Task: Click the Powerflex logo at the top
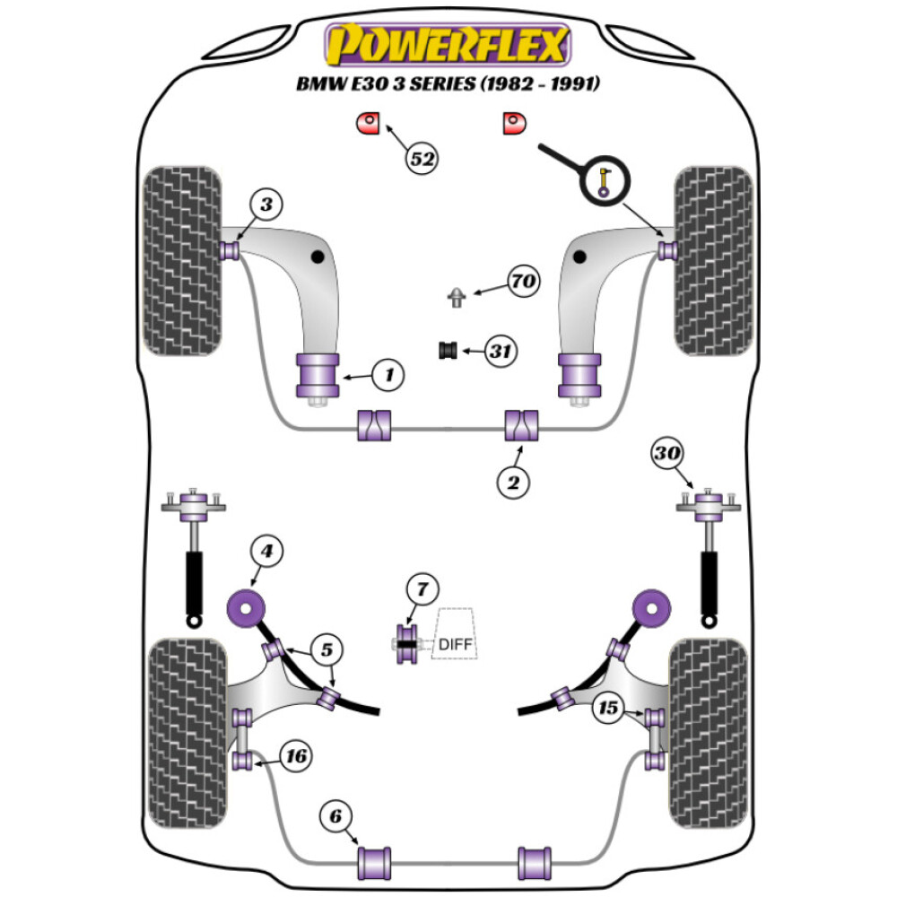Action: (x=448, y=45)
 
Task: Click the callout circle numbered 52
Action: (x=422, y=158)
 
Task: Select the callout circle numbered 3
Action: (x=266, y=205)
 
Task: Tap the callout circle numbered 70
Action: (x=523, y=283)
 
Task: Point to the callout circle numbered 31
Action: (x=501, y=352)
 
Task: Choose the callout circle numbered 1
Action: (x=388, y=375)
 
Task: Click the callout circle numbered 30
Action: (x=666, y=454)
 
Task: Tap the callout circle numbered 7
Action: (x=422, y=589)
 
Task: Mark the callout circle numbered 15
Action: (x=609, y=709)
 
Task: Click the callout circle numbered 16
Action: (x=295, y=757)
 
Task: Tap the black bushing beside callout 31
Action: (x=447, y=350)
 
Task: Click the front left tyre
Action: (x=182, y=261)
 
